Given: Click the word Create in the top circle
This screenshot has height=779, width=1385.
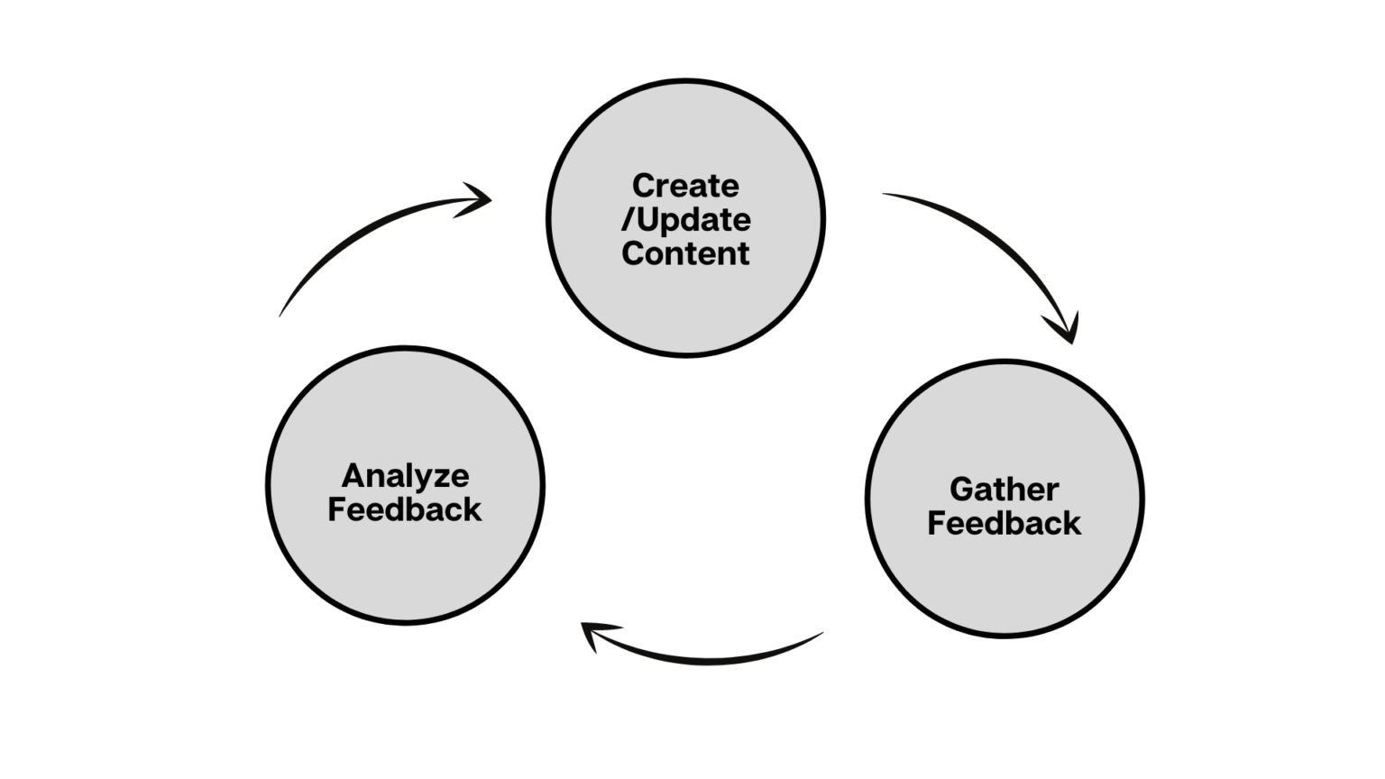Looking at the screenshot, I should (x=685, y=186).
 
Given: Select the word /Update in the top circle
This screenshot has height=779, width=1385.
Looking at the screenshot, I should (x=686, y=220).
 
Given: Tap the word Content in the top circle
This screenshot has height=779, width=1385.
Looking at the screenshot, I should (x=685, y=253).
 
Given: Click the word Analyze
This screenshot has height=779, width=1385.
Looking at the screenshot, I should (x=405, y=475).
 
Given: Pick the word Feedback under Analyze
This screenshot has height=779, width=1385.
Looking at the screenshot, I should (x=405, y=509).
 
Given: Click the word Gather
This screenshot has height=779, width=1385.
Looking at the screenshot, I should (x=1004, y=489).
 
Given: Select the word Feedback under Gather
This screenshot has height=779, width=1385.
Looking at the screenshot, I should (x=1004, y=523).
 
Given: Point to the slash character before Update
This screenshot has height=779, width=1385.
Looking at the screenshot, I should (x=628, y=220).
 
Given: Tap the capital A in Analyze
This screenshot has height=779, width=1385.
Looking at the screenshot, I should (x=353, y=475).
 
